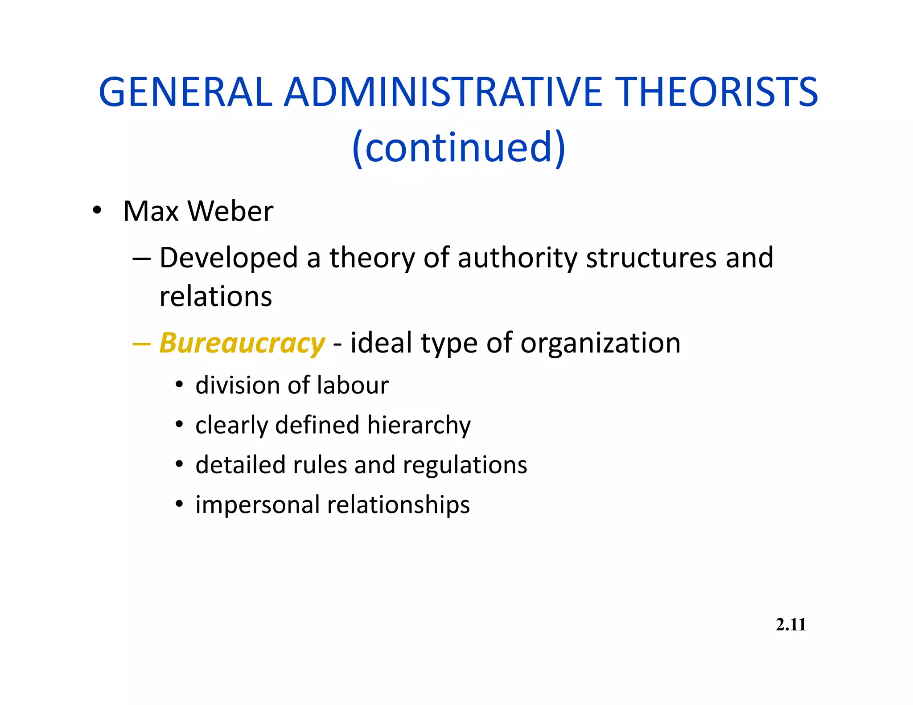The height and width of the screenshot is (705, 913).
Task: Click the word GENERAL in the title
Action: (x=185, y=92)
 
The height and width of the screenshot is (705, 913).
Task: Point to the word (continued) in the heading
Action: (x=459, y=148)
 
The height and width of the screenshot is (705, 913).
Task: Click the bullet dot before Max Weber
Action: (x=97, y=210)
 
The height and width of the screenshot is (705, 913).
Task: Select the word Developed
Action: (x=229, y=258)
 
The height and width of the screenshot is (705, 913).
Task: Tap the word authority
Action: (x=517, y=258)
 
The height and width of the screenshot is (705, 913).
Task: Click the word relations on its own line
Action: (x=216, y=296)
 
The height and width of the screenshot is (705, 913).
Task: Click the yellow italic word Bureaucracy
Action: (x=242, y=344)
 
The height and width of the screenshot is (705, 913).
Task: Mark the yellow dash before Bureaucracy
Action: (x=142, y=344)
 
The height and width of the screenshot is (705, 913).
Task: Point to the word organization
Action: (x=600, y=344)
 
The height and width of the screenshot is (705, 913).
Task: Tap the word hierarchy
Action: (x=419, y=425)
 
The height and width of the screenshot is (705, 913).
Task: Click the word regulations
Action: (x=465, y=465)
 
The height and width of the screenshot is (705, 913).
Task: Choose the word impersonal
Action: (x=258, y=505)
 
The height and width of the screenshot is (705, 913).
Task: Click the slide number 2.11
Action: (x=791, y=625)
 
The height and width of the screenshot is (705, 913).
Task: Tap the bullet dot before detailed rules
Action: (x=179, y=465)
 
